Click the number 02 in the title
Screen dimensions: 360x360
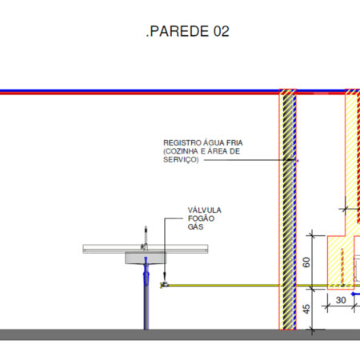(x=221, y=31)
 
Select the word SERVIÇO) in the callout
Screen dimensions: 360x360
(x=181, y=160)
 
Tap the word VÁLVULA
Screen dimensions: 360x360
(x=205, y=210)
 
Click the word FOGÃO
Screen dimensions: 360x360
(x=201, y=218)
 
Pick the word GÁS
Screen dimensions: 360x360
(x=195, y=226)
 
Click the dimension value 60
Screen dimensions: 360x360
(x=306, y=262)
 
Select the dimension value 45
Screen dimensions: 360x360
(x=306, y=309)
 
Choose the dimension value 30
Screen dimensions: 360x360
(x=341, y=300)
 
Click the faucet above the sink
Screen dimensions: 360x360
(x=145, y=238)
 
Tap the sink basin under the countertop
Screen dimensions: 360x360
(x=146, y=258)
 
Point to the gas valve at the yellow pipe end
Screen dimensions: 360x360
(x=164, y=285)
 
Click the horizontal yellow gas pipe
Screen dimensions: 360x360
(x=248, y=286)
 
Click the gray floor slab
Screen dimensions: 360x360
(x=180, y=334)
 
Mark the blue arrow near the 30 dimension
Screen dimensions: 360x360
(x=355, y=294)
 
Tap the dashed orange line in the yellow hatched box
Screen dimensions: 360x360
(x=342, y=266)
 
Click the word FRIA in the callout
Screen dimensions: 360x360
(x=234, y=142)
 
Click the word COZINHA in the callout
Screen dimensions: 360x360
(x=182, y=151)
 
